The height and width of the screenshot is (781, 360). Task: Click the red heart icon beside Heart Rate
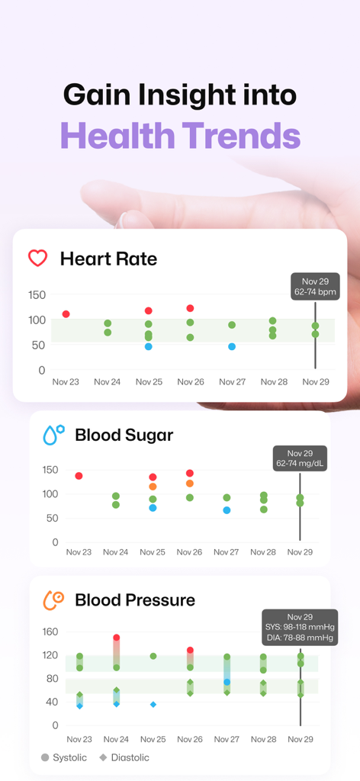38,258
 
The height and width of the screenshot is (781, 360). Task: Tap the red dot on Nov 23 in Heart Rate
66,314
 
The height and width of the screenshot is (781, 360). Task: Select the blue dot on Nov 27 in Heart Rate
232,346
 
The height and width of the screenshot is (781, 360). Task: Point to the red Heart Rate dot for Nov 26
190,308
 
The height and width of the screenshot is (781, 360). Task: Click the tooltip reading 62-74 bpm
315,286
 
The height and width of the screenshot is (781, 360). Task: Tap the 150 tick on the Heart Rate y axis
37,295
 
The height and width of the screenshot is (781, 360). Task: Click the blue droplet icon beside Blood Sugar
53,435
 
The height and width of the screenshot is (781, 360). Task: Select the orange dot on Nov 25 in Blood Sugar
153,487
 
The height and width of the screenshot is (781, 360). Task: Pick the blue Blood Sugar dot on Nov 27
227,509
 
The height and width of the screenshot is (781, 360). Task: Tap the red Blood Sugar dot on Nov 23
79,476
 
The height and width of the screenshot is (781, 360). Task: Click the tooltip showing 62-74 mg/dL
300,458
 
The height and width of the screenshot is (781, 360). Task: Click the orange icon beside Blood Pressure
53,600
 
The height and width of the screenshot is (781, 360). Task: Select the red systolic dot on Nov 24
117,638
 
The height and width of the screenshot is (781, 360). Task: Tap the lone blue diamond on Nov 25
153,704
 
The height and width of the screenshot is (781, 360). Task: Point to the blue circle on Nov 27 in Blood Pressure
227,682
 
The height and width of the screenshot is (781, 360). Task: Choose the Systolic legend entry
64,757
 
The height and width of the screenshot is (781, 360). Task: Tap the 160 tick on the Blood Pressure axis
50,632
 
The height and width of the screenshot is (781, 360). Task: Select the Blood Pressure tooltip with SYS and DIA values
300,628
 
